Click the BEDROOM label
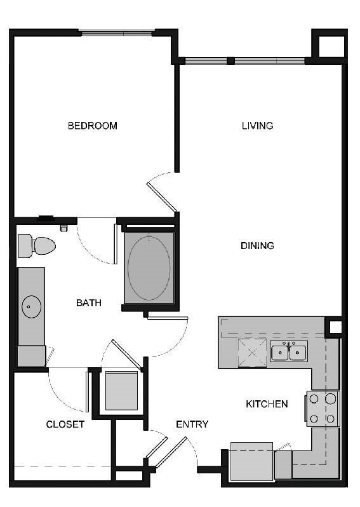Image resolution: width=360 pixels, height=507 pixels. point(93,126)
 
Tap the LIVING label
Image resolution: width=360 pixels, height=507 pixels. point(257,126)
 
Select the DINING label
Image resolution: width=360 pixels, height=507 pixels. point(257,245)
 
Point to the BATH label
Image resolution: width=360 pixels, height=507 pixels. point(89,303)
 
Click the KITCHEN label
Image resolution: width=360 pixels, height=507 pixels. point(267,404)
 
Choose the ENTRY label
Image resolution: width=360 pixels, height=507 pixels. point(192,424)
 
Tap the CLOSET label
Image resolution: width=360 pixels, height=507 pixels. point(65,424)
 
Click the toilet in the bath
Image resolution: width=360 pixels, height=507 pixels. point(36,246)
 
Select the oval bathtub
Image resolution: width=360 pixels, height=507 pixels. point(149,267)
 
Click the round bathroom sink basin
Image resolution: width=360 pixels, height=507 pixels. point(31,308)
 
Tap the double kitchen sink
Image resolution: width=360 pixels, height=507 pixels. point(289,351)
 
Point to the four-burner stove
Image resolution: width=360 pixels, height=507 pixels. point(323,409)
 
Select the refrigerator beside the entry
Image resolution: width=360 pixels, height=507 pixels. point(251,461)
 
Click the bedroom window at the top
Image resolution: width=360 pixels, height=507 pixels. point(117,32)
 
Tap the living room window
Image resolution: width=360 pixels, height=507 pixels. point(244,61)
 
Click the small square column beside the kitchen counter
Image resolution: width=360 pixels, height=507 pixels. point(334,327)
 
